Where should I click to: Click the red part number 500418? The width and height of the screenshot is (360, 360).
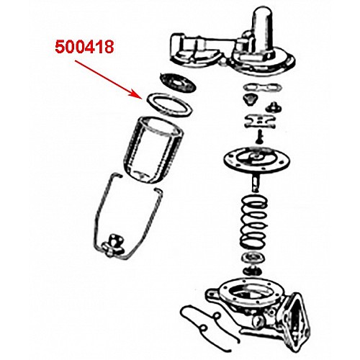pos(84,47)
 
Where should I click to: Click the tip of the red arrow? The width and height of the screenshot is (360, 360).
pos(141,97)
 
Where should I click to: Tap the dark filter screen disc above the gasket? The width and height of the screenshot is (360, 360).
pos(178,83)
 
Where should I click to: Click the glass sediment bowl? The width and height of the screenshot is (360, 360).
pos(154,150)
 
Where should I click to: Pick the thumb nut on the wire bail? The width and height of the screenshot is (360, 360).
pos(113,245)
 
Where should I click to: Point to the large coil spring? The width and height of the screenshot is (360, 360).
pos(253,222)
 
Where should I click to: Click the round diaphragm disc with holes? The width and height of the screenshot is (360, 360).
pos(256,160)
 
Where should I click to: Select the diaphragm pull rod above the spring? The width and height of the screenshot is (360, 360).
pos(256,184)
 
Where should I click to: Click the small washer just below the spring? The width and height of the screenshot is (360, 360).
pos(252,258)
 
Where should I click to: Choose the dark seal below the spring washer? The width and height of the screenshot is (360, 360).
pos(252,271)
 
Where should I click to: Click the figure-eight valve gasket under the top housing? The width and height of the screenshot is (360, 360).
pos(261,87)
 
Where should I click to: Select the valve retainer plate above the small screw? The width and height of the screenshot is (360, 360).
pos(260,121)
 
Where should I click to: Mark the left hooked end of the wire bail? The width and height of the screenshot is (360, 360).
pos(118,175)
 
